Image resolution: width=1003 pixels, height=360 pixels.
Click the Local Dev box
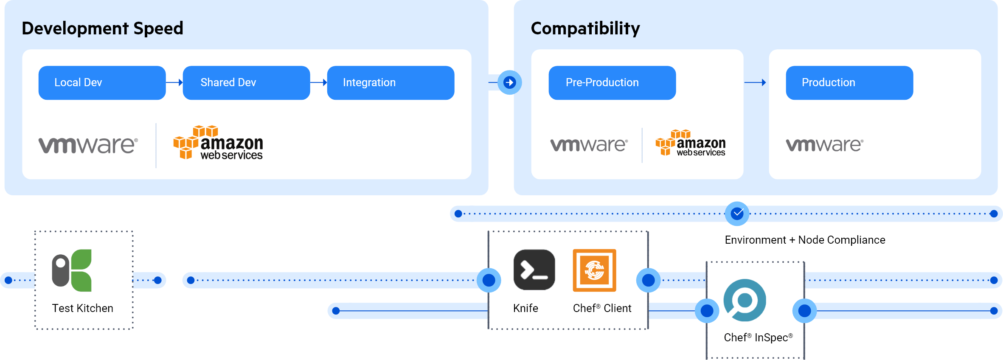tap(102, 83)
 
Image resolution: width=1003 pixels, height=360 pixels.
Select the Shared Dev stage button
tap(246, 83)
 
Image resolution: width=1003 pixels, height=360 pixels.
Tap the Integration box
tap(391, 83)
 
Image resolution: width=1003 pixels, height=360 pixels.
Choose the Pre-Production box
tap(612, 83)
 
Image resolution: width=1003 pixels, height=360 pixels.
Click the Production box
tap(849, 83)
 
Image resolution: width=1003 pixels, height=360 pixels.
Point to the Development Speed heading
tap(102, 28)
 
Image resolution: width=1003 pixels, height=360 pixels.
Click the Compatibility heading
tap(585, 28)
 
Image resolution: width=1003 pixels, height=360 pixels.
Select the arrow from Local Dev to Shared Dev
tap(174, 83)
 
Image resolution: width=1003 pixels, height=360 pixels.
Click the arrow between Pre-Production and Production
tap(755, 83)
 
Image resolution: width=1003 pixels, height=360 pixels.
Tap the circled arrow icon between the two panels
tap(509, 82)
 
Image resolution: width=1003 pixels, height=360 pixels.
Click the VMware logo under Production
tap(824, 145)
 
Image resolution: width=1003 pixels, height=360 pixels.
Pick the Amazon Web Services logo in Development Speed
tap(218, 143)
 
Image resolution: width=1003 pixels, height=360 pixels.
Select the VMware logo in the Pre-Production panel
tap(589, 145)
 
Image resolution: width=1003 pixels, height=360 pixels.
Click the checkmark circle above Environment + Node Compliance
tap(737, 214)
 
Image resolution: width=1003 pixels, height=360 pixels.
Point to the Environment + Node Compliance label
tap(805, 240)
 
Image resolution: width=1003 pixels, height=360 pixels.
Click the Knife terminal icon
tap(534, 270)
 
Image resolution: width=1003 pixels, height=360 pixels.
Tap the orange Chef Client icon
tap(594, 270)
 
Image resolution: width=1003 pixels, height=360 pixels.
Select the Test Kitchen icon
tap(72, 270)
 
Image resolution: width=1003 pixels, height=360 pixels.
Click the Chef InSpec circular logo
tap(745, 301)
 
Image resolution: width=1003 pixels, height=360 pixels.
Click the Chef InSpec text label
tap(758, 337)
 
